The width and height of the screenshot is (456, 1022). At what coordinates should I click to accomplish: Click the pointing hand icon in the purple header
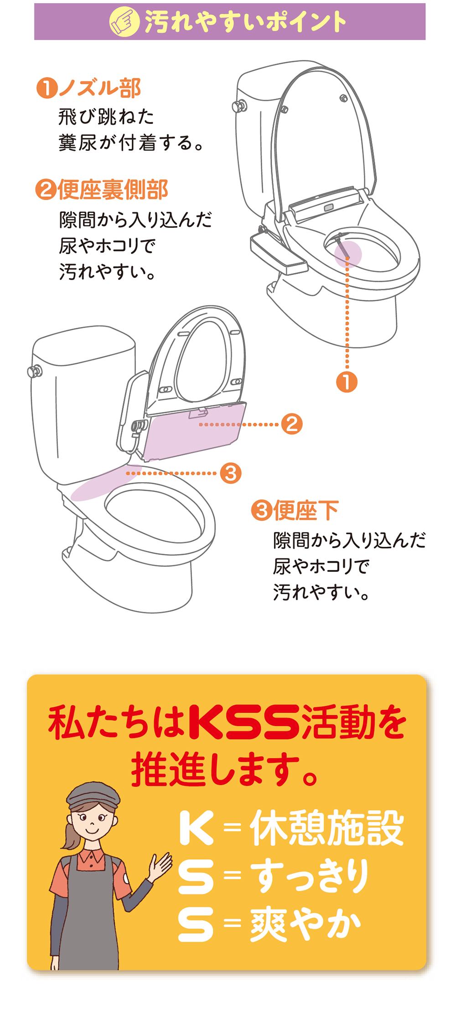[x=124, y=22]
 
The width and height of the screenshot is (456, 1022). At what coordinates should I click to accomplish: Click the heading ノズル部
[x=100, y=88]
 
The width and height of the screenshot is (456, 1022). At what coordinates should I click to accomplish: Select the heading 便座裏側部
[x=113, y=190]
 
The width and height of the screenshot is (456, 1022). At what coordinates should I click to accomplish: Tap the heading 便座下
[x=306, y=510]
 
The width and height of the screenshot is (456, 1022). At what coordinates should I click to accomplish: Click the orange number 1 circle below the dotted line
[x=347, y=382]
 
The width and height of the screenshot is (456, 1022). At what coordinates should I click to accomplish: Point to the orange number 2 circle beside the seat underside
[x=292, y=424]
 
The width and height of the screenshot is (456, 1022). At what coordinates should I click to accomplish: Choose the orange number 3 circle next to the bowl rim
[x=231, y=473]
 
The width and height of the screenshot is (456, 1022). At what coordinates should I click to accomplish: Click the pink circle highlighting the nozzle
[x=348, y=254]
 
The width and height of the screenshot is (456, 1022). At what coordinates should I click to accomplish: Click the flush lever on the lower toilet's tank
[x=35, y=371]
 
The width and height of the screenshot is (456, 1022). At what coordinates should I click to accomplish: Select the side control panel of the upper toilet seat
[x=278, y=254]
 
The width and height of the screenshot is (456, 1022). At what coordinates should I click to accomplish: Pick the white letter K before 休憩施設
[x=197, y=828]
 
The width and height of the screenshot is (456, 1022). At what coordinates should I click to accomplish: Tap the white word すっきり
[x=310, y=875]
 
